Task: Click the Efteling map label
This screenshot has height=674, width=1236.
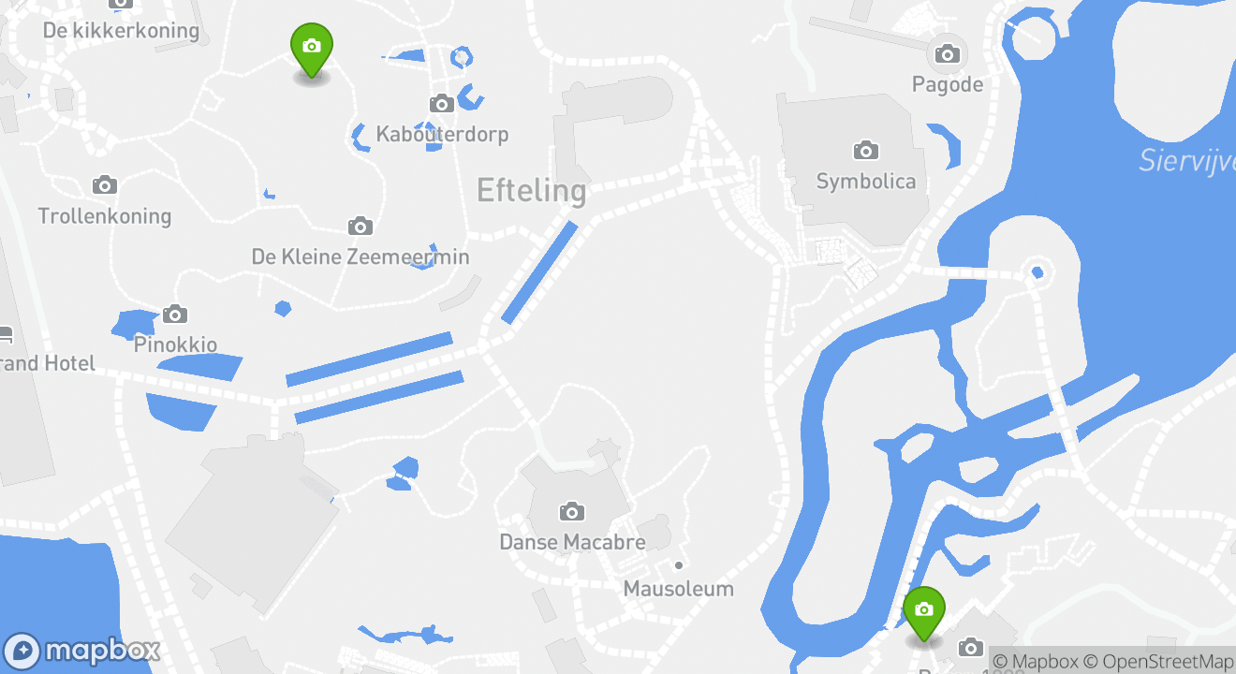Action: point(531,191)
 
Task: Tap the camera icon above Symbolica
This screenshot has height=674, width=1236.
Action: point(865,150)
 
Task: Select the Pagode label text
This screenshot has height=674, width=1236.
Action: point(948,85)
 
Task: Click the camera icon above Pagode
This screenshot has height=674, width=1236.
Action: point(948,54)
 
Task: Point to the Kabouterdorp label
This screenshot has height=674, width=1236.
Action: point(442,134)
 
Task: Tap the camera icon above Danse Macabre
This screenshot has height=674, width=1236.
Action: point(571,511)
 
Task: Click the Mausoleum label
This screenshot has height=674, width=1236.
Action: point(678,589)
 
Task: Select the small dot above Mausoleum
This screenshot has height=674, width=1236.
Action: point(679,565)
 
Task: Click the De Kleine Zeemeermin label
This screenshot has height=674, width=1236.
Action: point(360,256)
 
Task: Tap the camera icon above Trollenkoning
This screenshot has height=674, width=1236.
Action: point(105,184)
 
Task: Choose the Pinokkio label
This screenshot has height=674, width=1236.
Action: point(175,344)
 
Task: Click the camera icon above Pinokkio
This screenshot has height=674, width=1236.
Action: point(174,314)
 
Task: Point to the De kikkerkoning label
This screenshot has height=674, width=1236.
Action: point(122,31)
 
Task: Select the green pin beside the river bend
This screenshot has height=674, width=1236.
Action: point(924,612)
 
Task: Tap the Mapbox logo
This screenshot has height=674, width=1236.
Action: point(82,651)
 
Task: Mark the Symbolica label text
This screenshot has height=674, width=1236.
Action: point(865,181)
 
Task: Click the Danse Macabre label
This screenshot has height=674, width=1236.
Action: point(571,542)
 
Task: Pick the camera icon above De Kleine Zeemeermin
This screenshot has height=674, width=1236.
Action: point(360,226)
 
